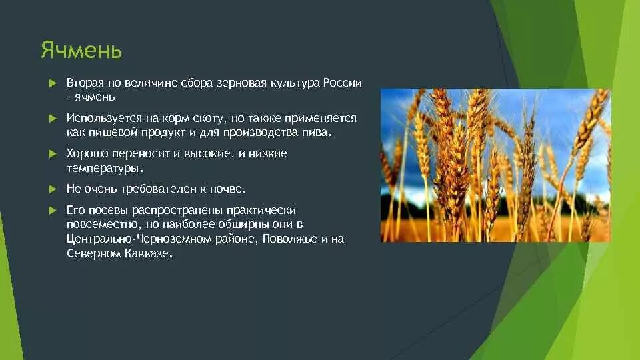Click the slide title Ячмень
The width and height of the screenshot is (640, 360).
[81, 51]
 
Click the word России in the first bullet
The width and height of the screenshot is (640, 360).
[343, 83]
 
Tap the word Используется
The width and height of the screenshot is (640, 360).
[97, 118]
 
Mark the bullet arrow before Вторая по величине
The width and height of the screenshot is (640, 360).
[53, 83]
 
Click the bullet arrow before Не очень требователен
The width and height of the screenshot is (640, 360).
[53, 189]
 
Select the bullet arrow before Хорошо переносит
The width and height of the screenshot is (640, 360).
[53, 154]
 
